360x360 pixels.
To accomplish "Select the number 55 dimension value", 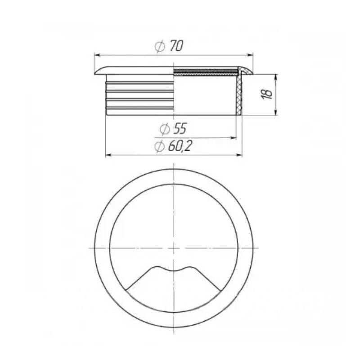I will click(179, 130).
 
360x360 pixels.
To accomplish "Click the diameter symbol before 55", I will click(164, 130).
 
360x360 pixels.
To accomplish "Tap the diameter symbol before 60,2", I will click(158, 147).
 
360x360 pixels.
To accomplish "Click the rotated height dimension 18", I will click(267, 94).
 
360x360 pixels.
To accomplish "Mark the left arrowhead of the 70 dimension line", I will click(96, 55).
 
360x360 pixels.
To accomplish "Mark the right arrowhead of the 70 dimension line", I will click(250, 55).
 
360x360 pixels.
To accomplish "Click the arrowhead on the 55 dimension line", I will click(233, 138).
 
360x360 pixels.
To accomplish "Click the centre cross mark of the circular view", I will click(174, 248).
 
